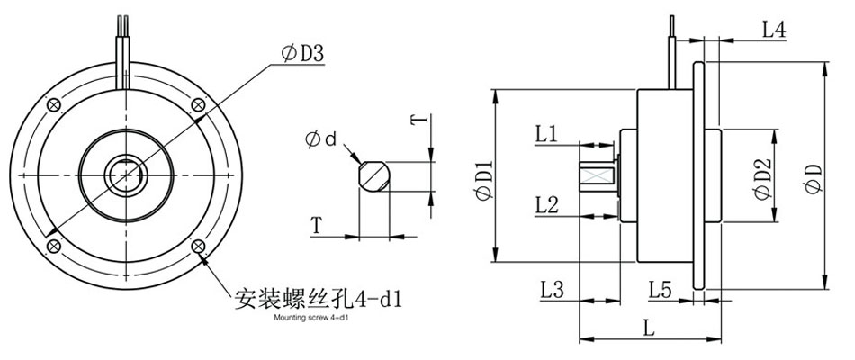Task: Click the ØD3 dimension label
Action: point(303,56)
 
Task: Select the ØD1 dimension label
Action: point(482,176)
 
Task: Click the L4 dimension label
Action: point(774,29)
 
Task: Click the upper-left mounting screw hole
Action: point(55,104)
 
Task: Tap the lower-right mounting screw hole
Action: point(197,246)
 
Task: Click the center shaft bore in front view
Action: point(124,175)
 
